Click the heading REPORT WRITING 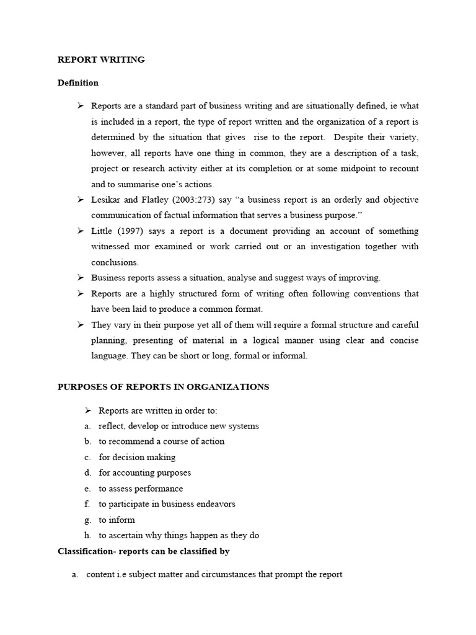pos(101,60)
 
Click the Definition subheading pos(77,82)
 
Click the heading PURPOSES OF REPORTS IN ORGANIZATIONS pos(163,387)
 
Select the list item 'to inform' pos(117,520)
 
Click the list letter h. pos(88,535)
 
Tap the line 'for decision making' pos(137,457)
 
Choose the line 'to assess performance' pos(141,489)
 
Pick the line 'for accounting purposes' pos(145,473)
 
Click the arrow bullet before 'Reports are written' pos(87,410)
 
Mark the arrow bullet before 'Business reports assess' pos(80,277)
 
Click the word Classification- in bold pos(86,551)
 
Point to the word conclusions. pos(115,262)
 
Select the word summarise pos(136,184)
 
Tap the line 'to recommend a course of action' pos(161,442)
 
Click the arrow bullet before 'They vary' pos(80,324)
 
